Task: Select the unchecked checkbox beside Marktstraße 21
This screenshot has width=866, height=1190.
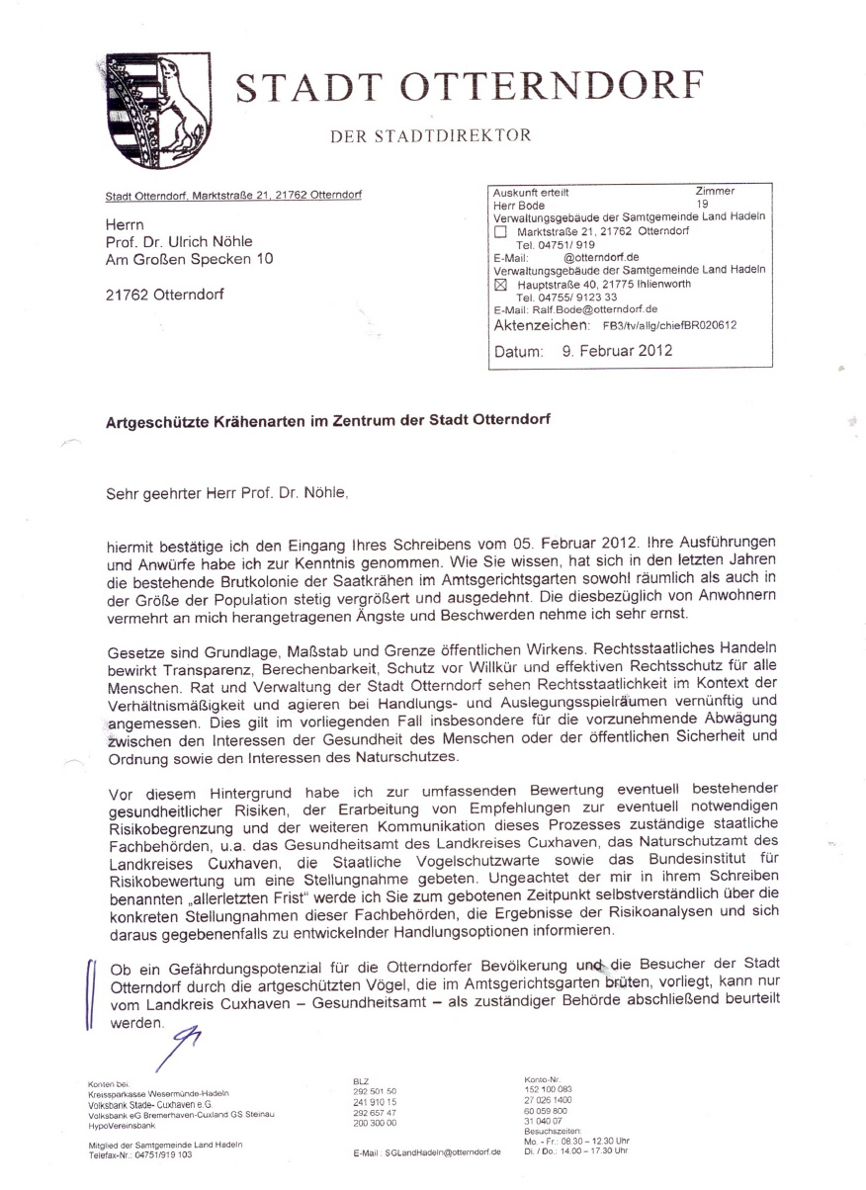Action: tap(500, 232)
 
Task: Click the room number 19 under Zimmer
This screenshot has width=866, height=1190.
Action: tap(703, 205)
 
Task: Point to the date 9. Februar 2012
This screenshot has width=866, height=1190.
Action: tap(617, 350)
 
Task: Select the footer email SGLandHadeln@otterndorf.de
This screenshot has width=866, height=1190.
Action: tap(440, 1152)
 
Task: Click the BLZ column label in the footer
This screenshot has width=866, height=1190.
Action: tap(361, 1082)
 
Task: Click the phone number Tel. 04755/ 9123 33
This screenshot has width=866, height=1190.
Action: tap(566, 297)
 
